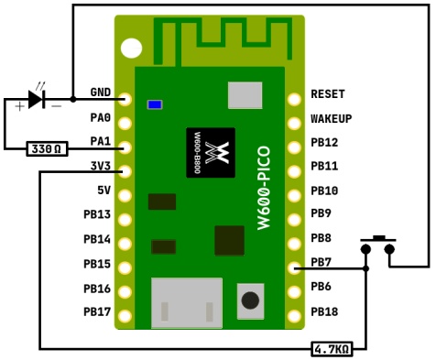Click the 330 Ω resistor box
coord(47,148)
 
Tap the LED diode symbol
coord(36,99)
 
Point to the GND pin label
coord(100,93)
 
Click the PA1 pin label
coord(100,142)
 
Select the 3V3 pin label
coord(100,166)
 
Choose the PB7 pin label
coord(322,263)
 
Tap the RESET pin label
coord(329,93)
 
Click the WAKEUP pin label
coord(332,118)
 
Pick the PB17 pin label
coord(97,311)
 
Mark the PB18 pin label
coord(325,311)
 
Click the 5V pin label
coord(104,191)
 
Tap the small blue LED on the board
coord(155,104)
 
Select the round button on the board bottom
coord(249,300)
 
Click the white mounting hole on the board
coord(133,48)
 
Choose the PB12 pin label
coord(325,142)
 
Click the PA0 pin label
coord(100,118)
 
